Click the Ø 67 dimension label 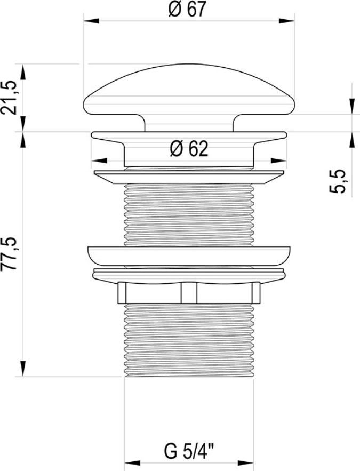188,10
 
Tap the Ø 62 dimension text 189,149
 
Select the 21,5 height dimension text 9,97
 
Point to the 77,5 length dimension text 9,254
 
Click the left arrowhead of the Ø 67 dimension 91,21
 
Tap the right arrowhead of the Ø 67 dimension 286,21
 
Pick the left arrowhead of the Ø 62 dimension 99,161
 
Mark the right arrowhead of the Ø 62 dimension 278,161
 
